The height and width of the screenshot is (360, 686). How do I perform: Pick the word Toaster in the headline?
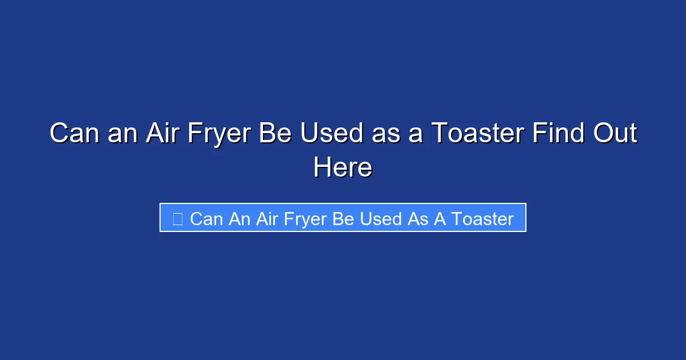pyautogui.click(x=478, y=134)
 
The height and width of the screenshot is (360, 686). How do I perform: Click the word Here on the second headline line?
pyautogui.click(x=343, y=168)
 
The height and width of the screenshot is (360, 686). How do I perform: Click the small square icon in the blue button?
pyautogui.click(x=178, y=218)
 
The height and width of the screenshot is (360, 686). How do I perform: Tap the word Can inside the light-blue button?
pyautogui.click(x=206, y=219)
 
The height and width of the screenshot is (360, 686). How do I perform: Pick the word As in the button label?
pyautogui.click(x=417, y=219)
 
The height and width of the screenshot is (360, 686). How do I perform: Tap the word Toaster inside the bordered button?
pyautogui.click(x=482, y=219)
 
